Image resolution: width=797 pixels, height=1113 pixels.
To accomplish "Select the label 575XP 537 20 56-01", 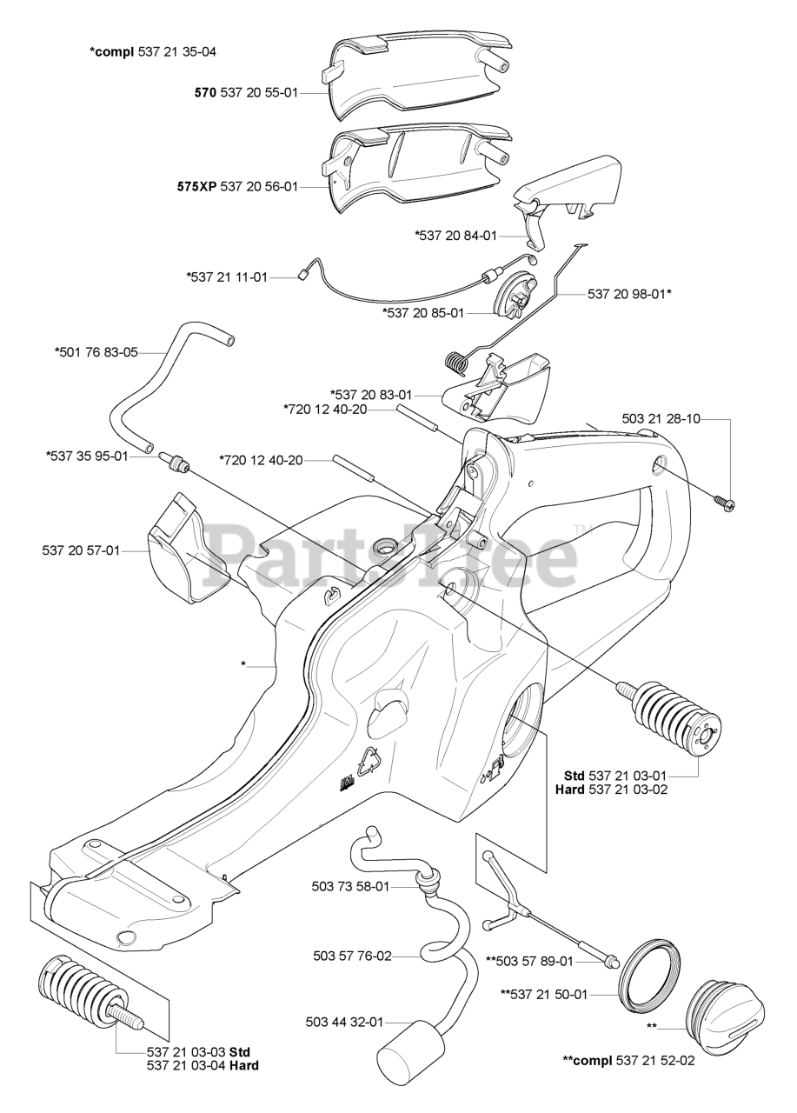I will point(248,186).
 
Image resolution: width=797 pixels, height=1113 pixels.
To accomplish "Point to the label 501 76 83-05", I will point(96,352).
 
